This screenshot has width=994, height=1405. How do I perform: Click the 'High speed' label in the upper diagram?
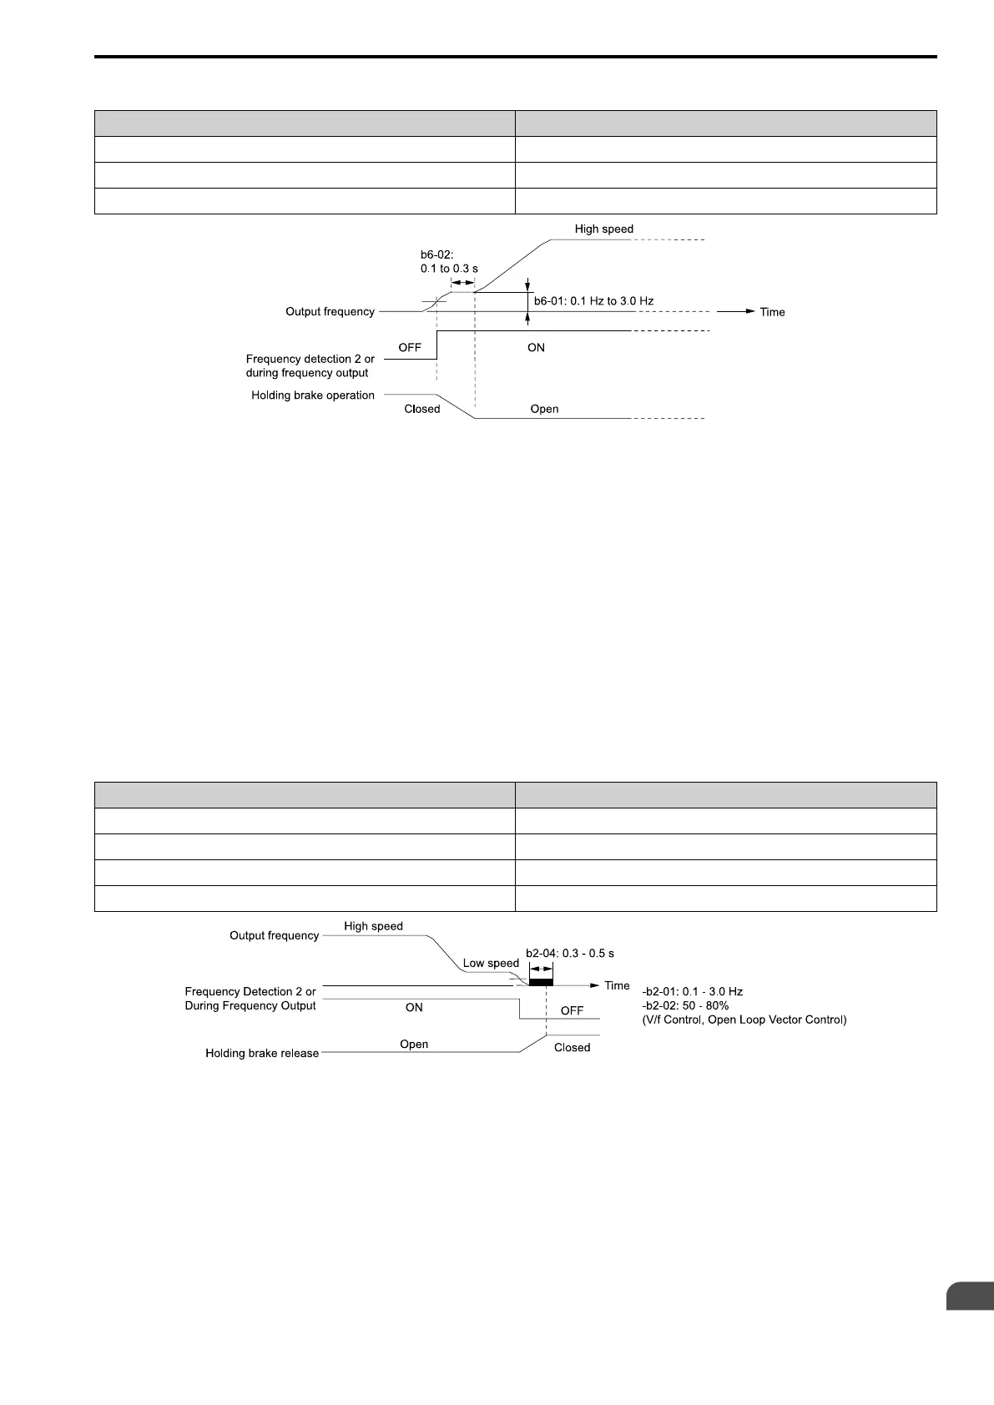(x=603, y=229)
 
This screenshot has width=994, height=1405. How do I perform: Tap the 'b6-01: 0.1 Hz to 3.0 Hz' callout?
(x=593, y=300)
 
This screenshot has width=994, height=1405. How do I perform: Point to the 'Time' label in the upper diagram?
(x=772, y=312)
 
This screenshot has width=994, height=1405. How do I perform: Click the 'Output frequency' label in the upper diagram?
(x=330, y=311)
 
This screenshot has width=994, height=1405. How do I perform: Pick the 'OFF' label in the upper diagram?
(x=410, y=347)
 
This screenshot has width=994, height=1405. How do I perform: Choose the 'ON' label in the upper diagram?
(x=536, y=347)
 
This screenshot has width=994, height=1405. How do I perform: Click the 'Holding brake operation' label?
(x=313, y=395)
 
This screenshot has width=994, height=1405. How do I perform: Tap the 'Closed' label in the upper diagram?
(x=421, y=409)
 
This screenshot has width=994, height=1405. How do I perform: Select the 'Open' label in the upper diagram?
(x=544, y=409)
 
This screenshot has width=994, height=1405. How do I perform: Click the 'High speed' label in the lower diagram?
(x=373, y=926)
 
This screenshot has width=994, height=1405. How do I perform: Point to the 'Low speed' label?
(x=491, y=963)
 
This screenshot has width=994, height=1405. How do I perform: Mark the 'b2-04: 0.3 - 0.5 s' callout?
(x=570, y=953)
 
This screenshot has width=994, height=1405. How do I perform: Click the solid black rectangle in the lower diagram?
(x=541, y=983)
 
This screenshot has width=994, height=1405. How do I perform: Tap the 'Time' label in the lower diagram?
(x=617, y=985)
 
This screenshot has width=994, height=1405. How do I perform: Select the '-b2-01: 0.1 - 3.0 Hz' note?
(x=692, y=992)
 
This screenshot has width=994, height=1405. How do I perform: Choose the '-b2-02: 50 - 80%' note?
(x=685, y=1006)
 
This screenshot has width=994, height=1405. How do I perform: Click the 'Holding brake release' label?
(x=262, y=1054)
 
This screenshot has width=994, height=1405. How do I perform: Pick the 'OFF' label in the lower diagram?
(x=572, y=1010)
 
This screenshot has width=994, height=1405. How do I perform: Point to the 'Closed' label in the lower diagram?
(x=572, y=1047)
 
